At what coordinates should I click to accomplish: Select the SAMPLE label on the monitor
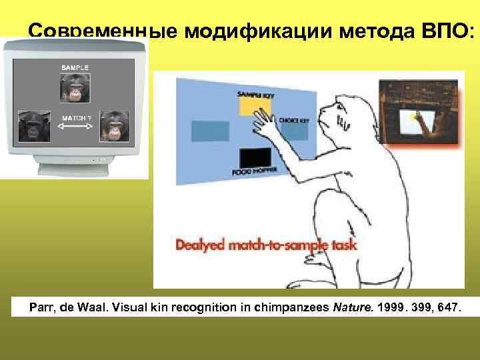(75, 67)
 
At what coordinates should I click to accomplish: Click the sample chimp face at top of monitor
(74, 89)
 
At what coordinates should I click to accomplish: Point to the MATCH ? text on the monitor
(75, 118)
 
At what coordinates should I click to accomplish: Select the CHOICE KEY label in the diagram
(293, 121)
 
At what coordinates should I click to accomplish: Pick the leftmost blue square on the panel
(205, 131)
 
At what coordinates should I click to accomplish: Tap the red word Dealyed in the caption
(203, 245)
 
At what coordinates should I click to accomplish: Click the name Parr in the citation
(41, 309)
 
